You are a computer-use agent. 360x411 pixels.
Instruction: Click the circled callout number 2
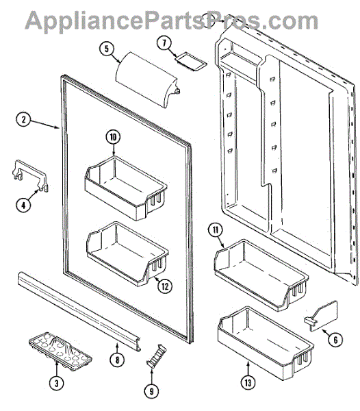click(23, 119)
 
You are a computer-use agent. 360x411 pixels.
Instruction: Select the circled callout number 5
click(107, 49)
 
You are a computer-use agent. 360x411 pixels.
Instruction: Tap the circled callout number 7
click(164, 43)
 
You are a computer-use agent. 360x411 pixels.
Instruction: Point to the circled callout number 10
click(113, 137)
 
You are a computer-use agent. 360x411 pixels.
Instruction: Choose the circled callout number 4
click(23, 205)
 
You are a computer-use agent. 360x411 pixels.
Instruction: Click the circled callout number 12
click(165, 286)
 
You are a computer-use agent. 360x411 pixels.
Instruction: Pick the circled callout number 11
click(216, 230)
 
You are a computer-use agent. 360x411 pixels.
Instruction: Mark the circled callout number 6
click(335, 340)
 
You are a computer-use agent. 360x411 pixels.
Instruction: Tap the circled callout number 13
click(248, 383)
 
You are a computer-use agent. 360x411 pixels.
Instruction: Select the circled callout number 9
click(151, 391)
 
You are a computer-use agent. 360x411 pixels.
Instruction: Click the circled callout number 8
click(117, 360)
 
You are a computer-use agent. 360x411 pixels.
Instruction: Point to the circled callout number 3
click(57, 384)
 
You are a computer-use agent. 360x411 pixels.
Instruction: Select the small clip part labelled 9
click(156, 355)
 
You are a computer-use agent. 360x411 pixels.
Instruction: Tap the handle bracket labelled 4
click(31, 175)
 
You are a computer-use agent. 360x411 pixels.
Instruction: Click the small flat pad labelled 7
click(191, 62)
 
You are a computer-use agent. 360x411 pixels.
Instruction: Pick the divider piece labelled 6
click(322, 316)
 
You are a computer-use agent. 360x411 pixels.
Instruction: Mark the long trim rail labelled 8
click(79, 312)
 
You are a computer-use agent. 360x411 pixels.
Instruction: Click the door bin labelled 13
click(266, 344)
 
